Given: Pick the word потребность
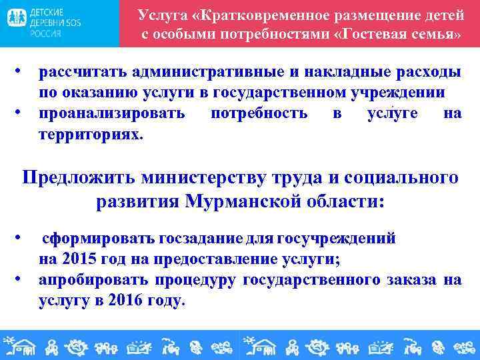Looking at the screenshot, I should (259, 113).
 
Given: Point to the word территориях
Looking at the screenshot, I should (90, 134).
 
